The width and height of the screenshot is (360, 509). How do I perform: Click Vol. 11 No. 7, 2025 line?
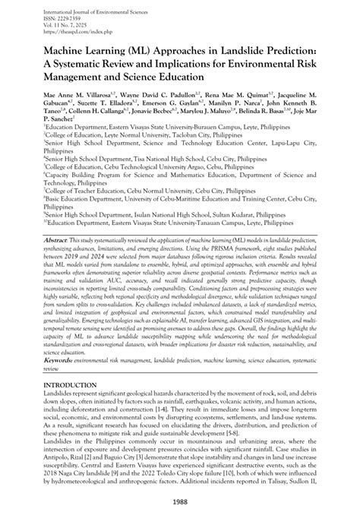(49, 24)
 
